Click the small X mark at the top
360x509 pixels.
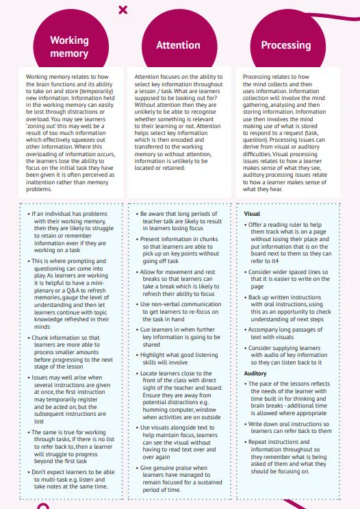[x=123, y=10]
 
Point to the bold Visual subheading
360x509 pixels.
[x=252, y=214]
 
